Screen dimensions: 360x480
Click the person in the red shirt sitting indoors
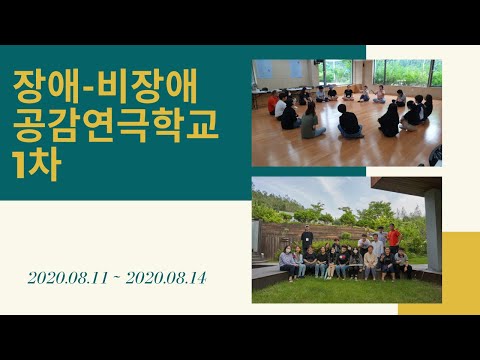(272, 102)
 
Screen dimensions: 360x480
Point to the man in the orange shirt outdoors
(394, 236)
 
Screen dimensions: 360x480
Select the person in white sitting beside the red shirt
(282, 105)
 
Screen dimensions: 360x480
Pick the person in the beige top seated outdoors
(371, 262)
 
